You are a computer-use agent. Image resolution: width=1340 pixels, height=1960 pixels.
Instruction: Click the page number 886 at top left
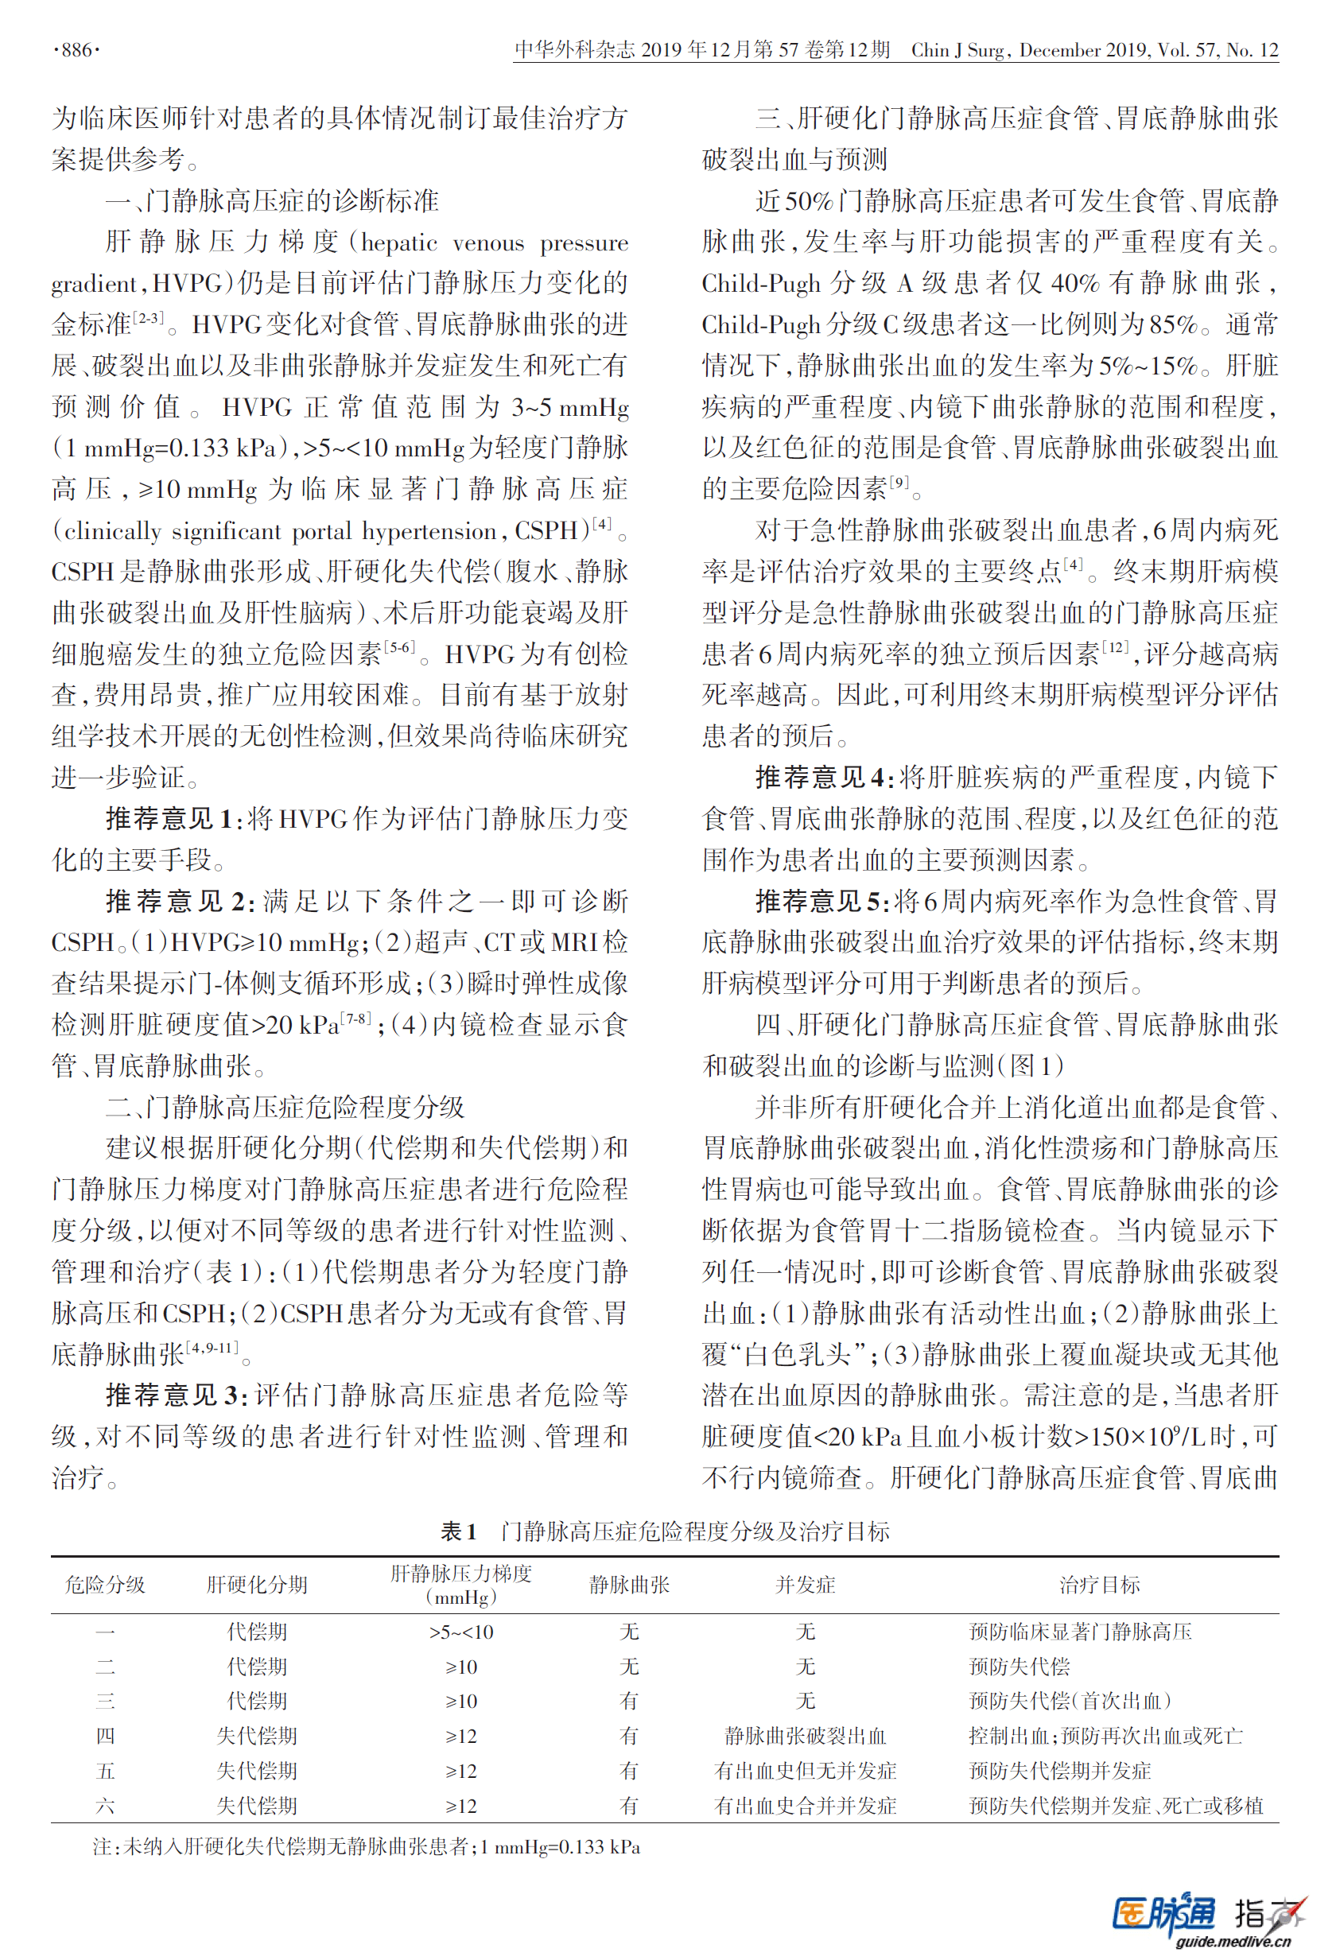76,51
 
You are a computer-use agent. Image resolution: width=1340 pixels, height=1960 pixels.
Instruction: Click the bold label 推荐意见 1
168,819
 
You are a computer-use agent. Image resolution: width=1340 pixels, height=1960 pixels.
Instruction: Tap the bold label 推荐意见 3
176,1395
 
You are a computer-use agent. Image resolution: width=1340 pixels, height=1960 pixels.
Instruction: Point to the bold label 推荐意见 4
823,778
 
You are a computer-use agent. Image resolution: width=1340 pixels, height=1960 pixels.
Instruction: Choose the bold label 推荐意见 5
821,902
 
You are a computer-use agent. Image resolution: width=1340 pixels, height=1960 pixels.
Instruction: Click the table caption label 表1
459,1531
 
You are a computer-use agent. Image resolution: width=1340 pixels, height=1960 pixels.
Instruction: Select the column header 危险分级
106,1585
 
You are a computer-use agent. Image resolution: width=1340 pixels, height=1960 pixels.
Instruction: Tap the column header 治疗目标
1100,1585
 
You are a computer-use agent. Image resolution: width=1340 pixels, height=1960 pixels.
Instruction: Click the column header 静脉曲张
629,1585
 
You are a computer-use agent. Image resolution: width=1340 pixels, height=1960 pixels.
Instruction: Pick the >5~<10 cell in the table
461,1632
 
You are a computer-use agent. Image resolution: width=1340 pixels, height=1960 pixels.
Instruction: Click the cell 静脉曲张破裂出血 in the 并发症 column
806,1737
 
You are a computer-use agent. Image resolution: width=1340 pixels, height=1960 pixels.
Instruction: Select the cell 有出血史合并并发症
806,1806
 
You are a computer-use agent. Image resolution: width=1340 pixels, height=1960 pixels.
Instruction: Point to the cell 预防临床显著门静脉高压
1080,1632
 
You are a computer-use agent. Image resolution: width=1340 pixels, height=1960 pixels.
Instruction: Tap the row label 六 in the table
106,1806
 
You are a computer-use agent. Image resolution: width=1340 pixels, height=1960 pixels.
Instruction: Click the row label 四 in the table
106,1737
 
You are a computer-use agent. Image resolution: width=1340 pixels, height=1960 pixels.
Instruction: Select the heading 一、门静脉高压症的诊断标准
271,200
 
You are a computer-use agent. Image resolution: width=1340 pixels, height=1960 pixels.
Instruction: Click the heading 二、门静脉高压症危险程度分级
285,1108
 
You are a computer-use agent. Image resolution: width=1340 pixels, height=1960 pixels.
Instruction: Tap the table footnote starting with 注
366,1847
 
